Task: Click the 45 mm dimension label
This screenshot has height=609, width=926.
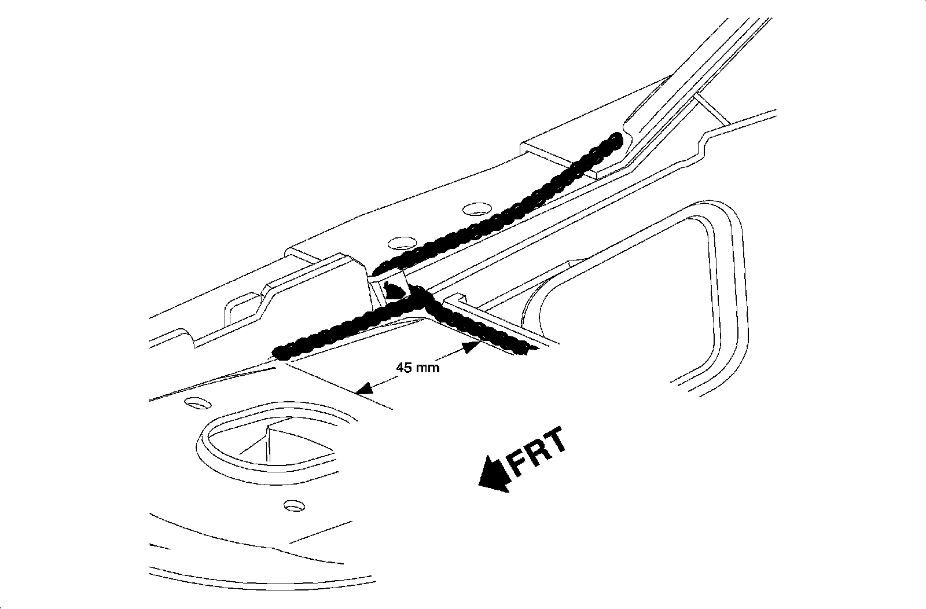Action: pos(417,368)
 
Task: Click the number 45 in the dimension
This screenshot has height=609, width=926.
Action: pos(403,368)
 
